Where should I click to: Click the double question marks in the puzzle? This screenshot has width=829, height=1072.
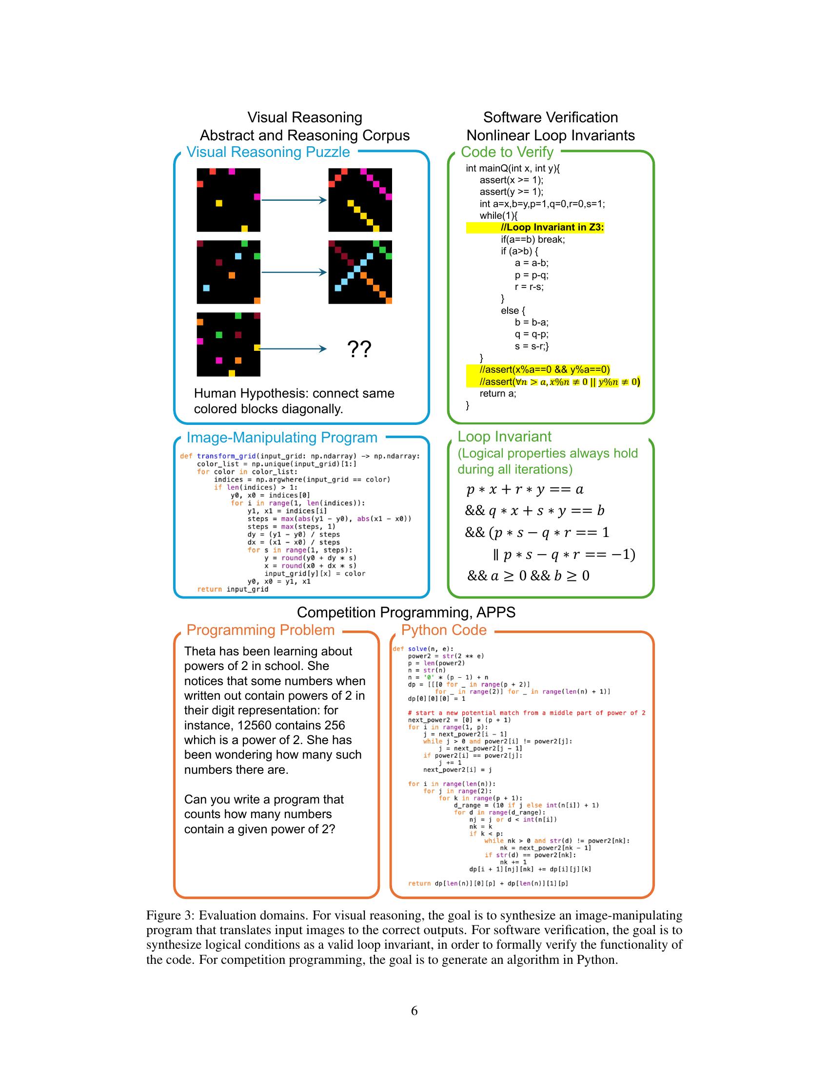[x=359, y=349]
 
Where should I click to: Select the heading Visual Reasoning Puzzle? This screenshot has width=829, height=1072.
[x=268, y=152]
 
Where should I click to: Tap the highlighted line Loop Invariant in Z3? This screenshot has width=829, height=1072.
[x=552, y=227]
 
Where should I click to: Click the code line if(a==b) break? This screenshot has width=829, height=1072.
[x=533, y=240]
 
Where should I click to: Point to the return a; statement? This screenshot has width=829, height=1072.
[x=497, y=393]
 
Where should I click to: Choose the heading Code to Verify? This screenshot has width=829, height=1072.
[x=507, y=152]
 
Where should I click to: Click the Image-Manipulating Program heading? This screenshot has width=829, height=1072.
[x=281, y=438]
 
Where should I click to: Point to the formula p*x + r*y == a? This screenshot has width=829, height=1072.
[x=525, y=489]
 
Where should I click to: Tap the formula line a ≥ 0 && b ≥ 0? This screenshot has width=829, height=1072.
[x=528, y=576]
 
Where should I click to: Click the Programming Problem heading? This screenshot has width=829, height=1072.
[x=260, y=630]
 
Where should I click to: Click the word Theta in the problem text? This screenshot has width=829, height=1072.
[x=200, y=651]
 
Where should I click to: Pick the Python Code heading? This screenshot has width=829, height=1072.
[x=443, y=630]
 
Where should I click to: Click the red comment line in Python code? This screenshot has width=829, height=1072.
[x=527, y=713]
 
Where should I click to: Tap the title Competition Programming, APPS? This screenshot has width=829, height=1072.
[x=406, y=612]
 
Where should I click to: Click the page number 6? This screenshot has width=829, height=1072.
[x=414, y=1011]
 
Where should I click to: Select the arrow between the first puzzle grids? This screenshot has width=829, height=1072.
[x=294, y=200]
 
